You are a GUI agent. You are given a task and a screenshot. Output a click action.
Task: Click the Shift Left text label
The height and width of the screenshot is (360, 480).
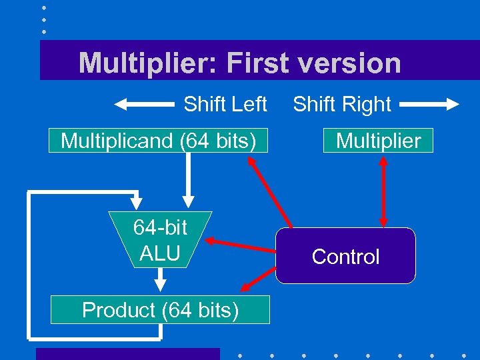click(225, 105)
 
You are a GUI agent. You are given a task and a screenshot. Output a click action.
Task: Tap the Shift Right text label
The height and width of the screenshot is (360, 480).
click(342, 105)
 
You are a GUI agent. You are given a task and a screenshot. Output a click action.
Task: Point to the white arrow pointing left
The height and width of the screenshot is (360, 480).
click(144, 105)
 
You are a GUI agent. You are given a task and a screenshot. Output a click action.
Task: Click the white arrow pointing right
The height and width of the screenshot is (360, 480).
click(429, 105)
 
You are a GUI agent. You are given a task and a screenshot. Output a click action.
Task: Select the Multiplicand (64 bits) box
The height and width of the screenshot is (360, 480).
click(158, 141)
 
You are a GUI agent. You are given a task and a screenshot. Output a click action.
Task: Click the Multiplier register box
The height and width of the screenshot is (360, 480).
click(378, 141)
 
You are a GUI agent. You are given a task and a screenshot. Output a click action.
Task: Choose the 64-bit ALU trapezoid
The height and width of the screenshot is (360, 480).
click(160, 240)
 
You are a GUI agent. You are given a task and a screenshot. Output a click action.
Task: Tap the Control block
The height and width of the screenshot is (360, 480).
click(345, 257)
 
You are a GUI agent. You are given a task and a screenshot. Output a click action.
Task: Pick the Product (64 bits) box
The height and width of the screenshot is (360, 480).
click(160, 310)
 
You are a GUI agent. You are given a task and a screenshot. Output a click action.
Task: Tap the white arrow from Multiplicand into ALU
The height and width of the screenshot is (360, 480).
click(189, 180)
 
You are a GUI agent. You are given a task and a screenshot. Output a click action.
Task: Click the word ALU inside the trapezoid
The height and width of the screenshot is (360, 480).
click(160, 253)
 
